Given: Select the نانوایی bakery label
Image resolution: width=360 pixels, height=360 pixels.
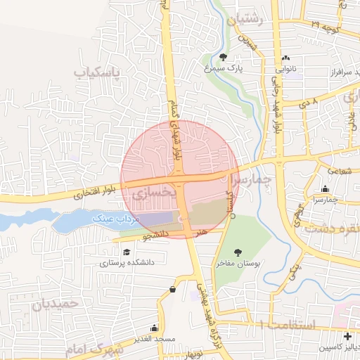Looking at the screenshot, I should [x=287, y=70].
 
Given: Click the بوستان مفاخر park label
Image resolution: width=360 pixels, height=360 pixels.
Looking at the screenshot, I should [x=237, y=262].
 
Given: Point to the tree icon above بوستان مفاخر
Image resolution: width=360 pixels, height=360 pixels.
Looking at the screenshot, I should [x=238, y=251].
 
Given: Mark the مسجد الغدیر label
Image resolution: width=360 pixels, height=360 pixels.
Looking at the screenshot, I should [x=155, y=340].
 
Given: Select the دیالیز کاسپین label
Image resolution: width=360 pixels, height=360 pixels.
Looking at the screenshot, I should [x=335, y=347].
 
